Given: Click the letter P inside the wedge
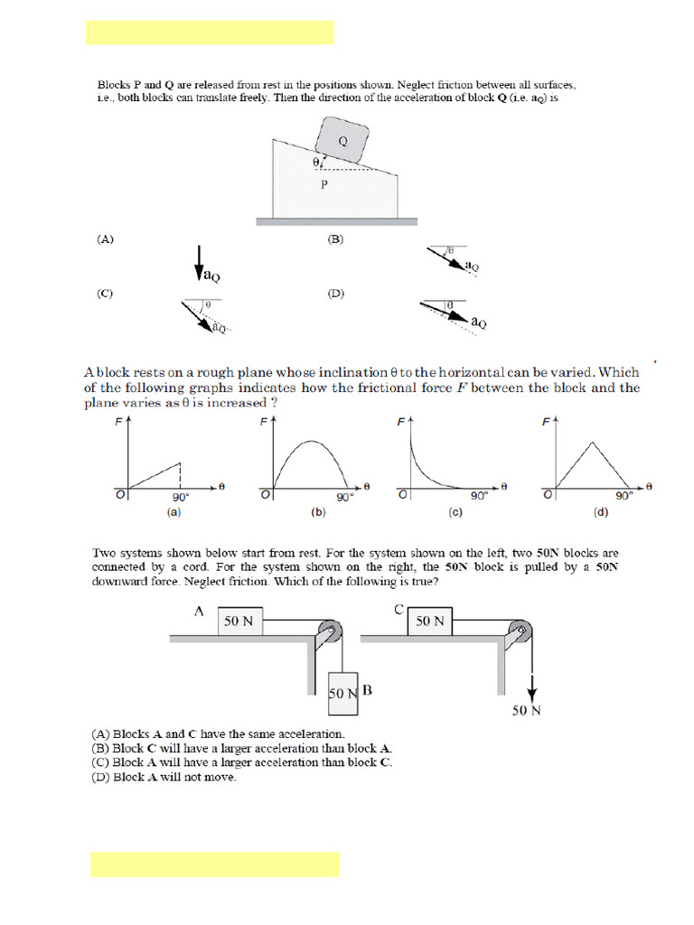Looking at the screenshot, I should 324,184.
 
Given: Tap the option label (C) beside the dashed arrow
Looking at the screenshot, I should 106,294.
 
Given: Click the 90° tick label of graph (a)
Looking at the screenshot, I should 180,497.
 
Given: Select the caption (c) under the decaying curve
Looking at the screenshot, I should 455,512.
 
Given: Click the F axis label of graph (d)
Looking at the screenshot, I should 545,422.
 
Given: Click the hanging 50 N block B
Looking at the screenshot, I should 343,693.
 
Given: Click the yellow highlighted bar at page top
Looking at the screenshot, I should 210,33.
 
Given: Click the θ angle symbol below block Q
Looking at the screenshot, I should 315,162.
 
